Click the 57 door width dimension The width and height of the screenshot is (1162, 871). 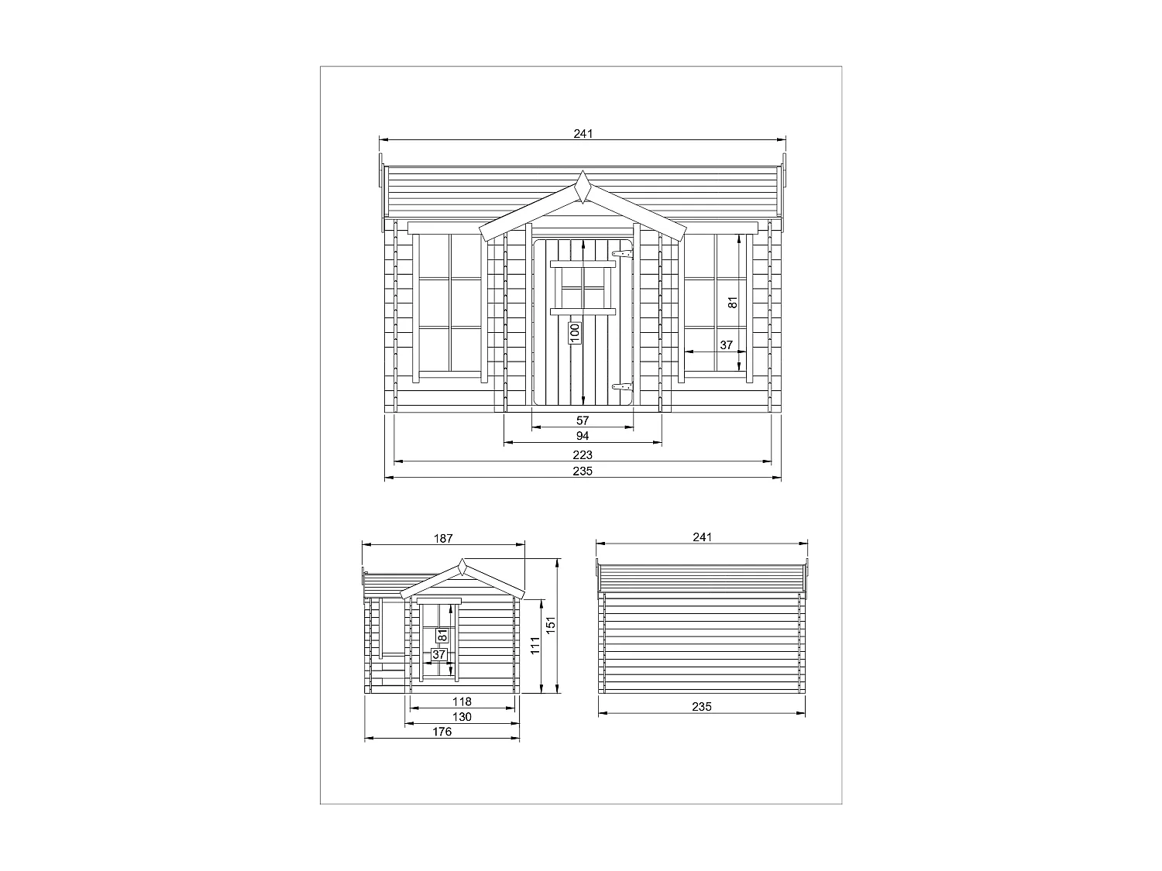click(x=583, y=420)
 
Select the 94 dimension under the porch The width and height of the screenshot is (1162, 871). click(x=583, y=436)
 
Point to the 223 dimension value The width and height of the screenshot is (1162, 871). click(x=583, y=454)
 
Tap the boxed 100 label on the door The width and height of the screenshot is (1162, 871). click(x=574, y=333)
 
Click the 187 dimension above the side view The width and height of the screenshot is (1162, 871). click(x=442, y=537)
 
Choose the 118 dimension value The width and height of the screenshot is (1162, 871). click(x=462, y=701)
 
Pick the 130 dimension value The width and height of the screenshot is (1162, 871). click(x=462, y=717)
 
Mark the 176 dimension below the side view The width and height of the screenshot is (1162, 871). click(x=442, y=732)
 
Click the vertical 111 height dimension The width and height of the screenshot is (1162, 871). click(x=535, y=646)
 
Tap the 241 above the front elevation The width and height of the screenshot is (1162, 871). click(x=583, y=133)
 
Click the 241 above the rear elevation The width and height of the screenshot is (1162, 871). click(x=702, y=537)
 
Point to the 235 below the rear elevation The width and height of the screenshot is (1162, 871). click(x=702, y=706)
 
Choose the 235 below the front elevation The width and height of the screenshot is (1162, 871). click(x=583, y=471)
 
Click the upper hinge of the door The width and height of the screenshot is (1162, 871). click(x=622, y=252)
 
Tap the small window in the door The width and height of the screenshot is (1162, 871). click(x=583, y=287)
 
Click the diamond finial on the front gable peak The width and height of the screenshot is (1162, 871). click(x=583, y=187)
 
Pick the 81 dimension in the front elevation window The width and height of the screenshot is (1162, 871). click(x=733, y=302)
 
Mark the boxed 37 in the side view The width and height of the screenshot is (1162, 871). click(x=439, y=654)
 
